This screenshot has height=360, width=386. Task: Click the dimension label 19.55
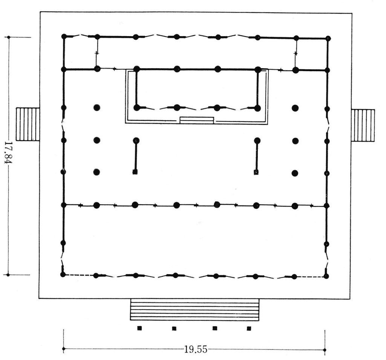(x=196, y=349)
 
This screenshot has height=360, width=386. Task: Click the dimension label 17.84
(x=9, y=153)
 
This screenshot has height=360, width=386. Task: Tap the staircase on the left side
(x=28, y=124)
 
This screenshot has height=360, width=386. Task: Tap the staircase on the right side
(x=363, y=125)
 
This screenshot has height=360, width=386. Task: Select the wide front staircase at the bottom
(x=195, y=309)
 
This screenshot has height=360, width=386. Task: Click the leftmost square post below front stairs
(x=139, y=328)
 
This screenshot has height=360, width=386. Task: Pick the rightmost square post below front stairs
(x=249, y=328)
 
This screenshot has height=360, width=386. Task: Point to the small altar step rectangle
(x=197, y=120)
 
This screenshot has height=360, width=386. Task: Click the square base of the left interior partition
(x=135, y=172)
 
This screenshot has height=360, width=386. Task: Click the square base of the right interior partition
(x=256, y=172)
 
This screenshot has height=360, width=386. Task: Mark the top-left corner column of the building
(x=64, y=37)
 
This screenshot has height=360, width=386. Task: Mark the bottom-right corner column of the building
(x=326, y=276)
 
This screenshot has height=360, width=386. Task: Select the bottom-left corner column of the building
(x=63, y=275)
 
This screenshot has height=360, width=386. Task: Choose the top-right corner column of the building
(x=328, y=38)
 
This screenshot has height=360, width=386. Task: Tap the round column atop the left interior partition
(x=136, y=140)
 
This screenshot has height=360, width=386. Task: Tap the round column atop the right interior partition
(x=257, y=141)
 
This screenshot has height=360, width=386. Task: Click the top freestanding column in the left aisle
(x=97, y=107)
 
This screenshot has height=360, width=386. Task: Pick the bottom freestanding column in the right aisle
(x=295, y=173)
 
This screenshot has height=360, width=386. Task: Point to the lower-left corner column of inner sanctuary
(x=136, y=108)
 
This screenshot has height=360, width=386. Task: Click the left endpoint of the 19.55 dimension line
(x=64, y=349)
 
